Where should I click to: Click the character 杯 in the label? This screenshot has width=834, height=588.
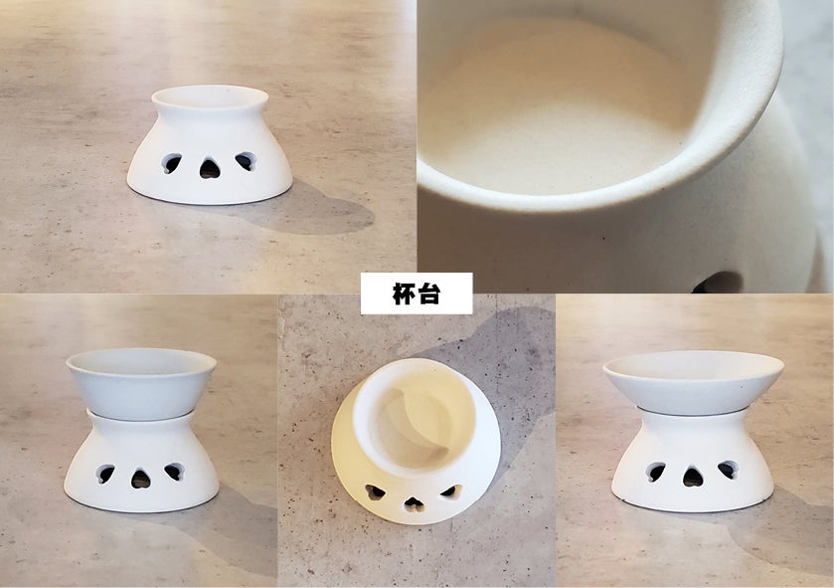pos(404,294)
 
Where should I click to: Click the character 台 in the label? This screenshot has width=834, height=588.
pos(428,294)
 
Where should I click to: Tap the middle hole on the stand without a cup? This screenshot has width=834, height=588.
pos(210,169)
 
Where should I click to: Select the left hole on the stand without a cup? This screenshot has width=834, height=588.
pos(171,163)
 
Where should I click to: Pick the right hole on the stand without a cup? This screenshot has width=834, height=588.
pos(247,161)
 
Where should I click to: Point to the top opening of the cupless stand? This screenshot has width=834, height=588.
pos(210,98)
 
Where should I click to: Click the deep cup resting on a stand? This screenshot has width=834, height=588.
pos(141,382)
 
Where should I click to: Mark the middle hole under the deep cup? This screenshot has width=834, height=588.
pos(140,479)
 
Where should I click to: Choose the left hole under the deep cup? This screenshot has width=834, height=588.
pos(104,474)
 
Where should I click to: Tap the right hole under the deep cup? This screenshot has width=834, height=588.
pos(175,472)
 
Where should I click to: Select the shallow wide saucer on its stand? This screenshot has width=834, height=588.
pos(694,381)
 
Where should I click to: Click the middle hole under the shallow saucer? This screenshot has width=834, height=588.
pos(693,477)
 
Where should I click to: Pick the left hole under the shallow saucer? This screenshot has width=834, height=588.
pos(655,472)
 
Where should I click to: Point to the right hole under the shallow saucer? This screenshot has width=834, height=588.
pos(729,470)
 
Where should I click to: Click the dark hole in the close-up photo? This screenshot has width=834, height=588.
pos(718,283)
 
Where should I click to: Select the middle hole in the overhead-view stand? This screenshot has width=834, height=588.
pos(414,503)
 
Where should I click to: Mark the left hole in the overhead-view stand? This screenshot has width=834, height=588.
pos(375,491)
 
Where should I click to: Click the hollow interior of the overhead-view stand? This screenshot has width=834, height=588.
pos(415,421)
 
